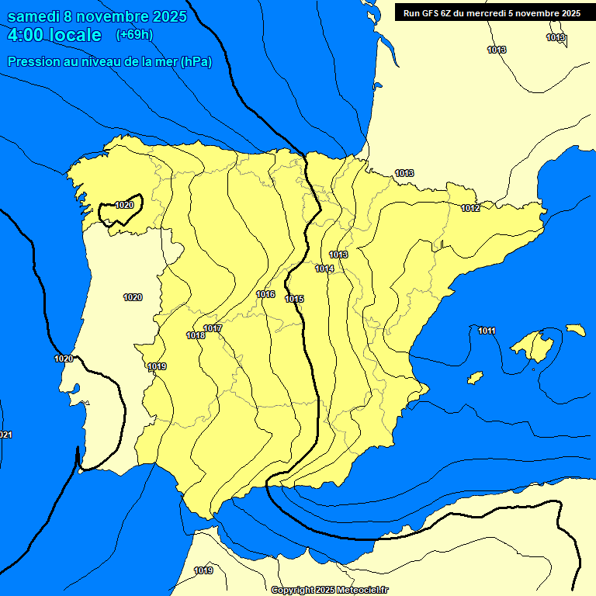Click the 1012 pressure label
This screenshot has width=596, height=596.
(x=470, y=208)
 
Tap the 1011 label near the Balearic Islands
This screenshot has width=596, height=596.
(x=487, y=331)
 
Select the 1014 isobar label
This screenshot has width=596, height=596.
(x=324, y=269)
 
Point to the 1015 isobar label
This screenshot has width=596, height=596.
(x=294, y=299)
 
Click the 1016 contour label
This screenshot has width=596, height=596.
(x=265, y=294)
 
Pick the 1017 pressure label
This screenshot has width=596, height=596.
(x=213, y=328)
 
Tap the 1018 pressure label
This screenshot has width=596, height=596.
(x=196, y=335)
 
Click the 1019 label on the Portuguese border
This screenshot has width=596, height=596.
(x=157, y=366)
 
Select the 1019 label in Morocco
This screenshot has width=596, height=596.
(x=203, y=570)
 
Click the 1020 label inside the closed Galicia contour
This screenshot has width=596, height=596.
(x=124, y=205)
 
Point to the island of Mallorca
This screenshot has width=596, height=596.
(x=534, y=345)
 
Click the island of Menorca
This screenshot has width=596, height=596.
(x=575, y=330)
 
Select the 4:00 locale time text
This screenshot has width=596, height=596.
(x=54, y=35)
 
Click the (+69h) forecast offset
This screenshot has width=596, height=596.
(x=134, y=35)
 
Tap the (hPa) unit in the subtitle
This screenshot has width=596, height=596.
(x=195, y=62)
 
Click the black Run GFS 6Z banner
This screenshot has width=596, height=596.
(x=492, y=13)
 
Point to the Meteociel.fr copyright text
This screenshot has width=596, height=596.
(x=329, y=590)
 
